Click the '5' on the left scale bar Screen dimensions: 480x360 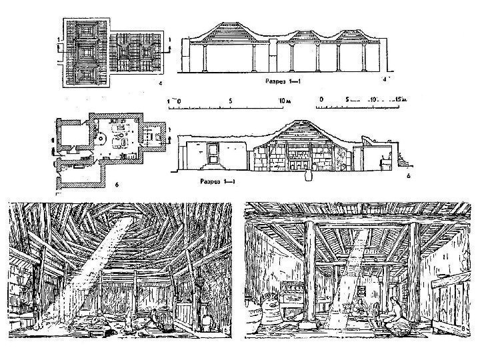tap(230, 102)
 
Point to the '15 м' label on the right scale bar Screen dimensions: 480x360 tap(398, 100)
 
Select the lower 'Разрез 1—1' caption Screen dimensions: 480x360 tap(216, 181)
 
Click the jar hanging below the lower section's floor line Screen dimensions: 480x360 tap(308, 177)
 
